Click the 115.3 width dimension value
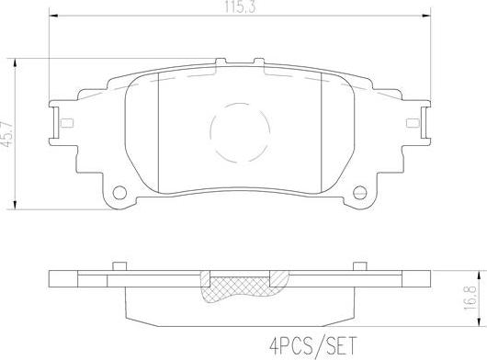240,6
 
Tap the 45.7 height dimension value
7,134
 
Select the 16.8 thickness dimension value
470,298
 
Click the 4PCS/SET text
312,345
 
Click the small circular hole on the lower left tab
119,193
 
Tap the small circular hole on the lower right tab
360,193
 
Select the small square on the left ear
67,123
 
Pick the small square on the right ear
413,123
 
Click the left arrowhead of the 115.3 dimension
53,15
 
